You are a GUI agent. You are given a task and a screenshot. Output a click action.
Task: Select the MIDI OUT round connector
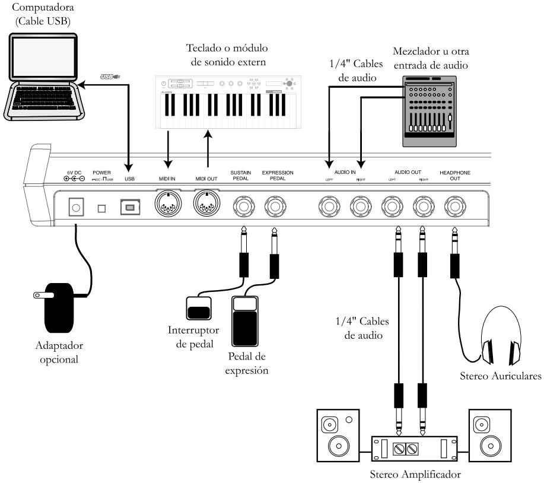(206, 206)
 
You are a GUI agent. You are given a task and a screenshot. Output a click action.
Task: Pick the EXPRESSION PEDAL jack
(275, 206)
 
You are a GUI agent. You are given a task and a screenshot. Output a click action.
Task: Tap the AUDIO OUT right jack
(422, 206)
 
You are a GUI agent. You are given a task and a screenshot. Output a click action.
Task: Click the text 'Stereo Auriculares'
(500, 375)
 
